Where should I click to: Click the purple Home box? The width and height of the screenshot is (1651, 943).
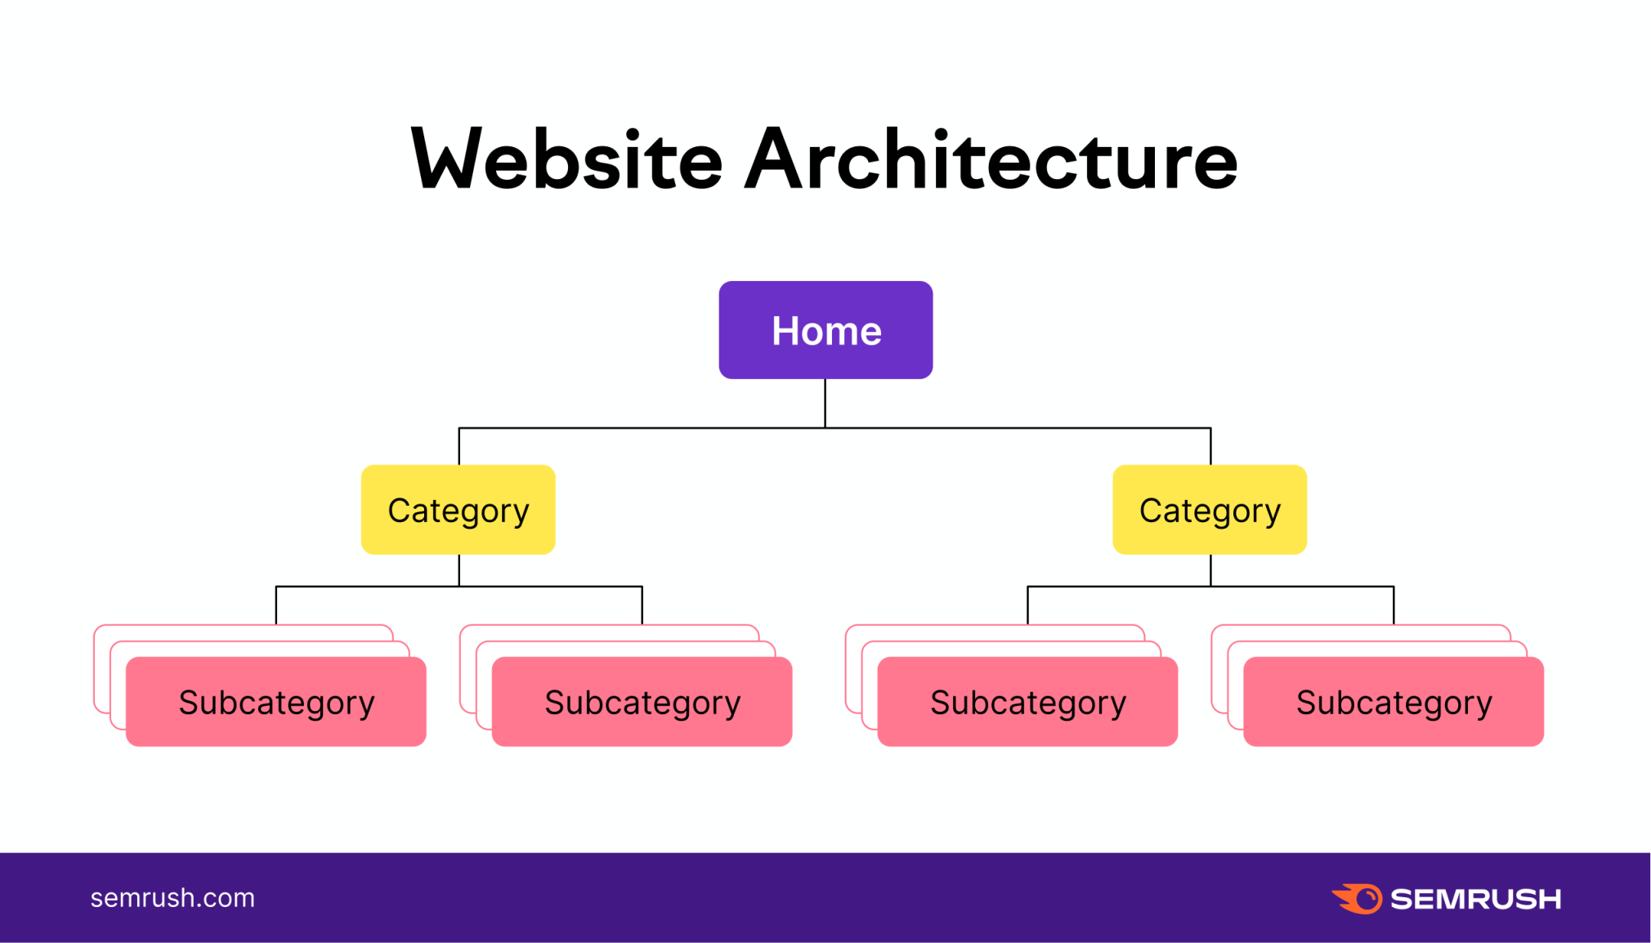coord(825,330)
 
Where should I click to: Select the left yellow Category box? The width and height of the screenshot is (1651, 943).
coord(459,510)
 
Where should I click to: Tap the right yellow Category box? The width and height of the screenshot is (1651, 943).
coord(1210,510)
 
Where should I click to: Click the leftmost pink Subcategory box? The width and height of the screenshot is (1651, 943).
coord(276,702)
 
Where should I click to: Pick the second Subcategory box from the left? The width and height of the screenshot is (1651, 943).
coord(642,702)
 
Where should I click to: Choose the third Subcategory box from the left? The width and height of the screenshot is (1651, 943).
coord(1027,702)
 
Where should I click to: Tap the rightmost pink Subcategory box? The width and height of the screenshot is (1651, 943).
coord(1394,702)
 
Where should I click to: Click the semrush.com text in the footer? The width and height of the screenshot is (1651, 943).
coord(172,898)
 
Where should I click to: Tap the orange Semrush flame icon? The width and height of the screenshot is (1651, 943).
coord(1357,899)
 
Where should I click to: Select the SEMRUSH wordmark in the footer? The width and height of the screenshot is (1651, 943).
coord(1476,899)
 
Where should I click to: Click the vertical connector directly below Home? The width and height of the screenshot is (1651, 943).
coord(825,403)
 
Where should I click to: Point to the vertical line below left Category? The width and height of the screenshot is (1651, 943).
coord(459,570)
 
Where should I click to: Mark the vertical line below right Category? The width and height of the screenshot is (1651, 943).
coord(1210,570)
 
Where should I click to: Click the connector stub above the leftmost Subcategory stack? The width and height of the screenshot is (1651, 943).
coord(276,606)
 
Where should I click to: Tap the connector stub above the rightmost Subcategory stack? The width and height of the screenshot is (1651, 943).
coord(1394,606)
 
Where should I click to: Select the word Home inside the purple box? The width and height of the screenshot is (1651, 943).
coord(826,331)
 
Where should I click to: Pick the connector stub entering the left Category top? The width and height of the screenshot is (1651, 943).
coord(459,446)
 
